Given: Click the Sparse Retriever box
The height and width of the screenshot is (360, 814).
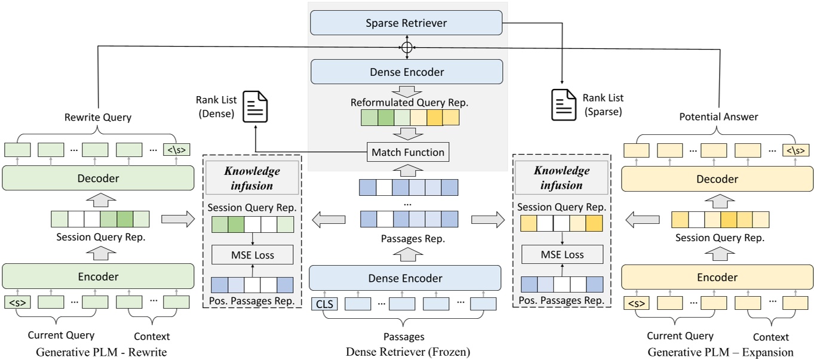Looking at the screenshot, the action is [406, 23].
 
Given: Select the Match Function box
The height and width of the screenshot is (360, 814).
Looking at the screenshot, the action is [408, 152].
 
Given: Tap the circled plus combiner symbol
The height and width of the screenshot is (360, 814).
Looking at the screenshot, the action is [407, 48].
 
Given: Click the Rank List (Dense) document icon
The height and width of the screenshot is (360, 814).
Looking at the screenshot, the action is [255, 106].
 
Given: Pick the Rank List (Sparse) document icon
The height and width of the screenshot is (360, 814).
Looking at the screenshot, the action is [564, 104].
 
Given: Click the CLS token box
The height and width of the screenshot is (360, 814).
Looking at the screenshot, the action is [324, 304].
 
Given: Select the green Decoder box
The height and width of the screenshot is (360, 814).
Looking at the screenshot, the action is [98, 178].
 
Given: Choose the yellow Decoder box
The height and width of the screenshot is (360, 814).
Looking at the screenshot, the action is [717, 179].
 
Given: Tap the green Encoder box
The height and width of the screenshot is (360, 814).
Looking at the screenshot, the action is [98, 276].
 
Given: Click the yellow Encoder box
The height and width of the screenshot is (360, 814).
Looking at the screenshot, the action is [717, 277].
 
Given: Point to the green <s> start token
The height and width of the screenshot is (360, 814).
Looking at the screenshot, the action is [17, 302].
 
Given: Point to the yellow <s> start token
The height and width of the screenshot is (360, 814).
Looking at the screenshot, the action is [637, 303].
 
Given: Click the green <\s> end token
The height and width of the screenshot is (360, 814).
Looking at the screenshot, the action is [177, 150].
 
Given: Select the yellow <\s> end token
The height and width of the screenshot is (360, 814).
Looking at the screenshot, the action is [796, 150].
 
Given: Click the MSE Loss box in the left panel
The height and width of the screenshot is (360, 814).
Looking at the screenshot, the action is [253, 255].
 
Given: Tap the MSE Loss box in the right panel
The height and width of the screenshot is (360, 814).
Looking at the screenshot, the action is [562, 254].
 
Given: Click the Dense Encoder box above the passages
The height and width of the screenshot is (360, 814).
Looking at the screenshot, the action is [405, 278].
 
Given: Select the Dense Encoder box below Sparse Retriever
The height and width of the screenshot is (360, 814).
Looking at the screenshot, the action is [407, 72].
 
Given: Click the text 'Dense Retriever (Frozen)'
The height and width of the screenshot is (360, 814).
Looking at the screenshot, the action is [408, 352].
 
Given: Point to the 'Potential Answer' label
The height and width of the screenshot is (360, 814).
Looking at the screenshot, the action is [718, 116].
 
